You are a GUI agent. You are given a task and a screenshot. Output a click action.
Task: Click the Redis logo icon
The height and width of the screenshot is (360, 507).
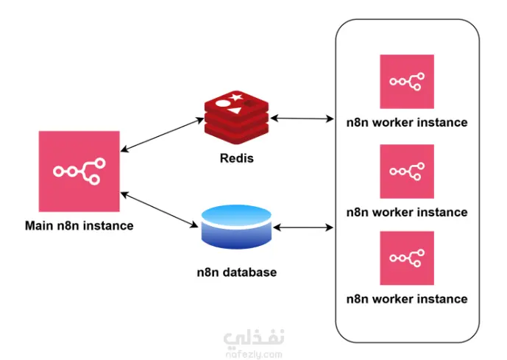coord(237,117)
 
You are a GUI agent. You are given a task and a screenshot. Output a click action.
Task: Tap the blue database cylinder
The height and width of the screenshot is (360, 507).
coord(236,227)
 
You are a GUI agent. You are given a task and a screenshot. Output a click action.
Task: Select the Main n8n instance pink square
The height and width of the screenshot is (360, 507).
coord(79,172)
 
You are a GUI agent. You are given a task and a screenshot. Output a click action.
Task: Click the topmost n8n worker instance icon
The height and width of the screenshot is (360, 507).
coord(407,82)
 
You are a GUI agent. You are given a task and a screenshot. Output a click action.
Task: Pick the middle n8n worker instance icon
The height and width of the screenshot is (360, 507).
coord(407,172)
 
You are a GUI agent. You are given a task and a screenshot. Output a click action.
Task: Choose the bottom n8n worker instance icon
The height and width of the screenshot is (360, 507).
coord(407,258)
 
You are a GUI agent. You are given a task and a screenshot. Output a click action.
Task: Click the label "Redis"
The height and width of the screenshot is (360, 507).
coord(237,158)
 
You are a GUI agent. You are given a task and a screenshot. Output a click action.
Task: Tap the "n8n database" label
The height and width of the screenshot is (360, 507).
coord(237,272)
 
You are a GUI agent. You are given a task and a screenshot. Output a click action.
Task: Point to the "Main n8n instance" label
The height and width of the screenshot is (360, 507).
coord(79,225)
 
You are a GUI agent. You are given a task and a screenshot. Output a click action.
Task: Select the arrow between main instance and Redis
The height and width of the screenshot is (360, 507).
coord(163,135)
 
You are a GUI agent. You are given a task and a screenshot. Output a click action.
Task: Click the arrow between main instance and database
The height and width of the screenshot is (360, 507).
coord(159,210)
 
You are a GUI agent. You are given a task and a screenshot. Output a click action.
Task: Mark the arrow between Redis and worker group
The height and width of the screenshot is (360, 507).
coord(302,119)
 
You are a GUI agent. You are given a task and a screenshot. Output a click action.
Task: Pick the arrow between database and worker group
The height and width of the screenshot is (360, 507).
coord(303,227)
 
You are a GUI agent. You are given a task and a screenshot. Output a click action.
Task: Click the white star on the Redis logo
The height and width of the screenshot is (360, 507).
coord(235,96)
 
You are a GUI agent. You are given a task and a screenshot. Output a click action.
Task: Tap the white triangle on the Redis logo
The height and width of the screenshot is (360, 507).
coord(235,110)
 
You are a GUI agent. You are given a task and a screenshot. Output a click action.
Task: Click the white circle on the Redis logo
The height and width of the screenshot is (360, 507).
coord(222,104)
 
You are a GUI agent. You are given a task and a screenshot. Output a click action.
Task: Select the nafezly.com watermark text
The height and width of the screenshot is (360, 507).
coord(254,354)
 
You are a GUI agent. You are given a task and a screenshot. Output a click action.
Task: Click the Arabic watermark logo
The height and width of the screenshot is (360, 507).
coord(254,338)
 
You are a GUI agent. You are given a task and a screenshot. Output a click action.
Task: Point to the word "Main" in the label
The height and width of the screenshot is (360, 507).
coord(39,225)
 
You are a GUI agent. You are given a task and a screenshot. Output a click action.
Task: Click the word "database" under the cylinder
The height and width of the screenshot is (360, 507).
coord(250,272)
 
